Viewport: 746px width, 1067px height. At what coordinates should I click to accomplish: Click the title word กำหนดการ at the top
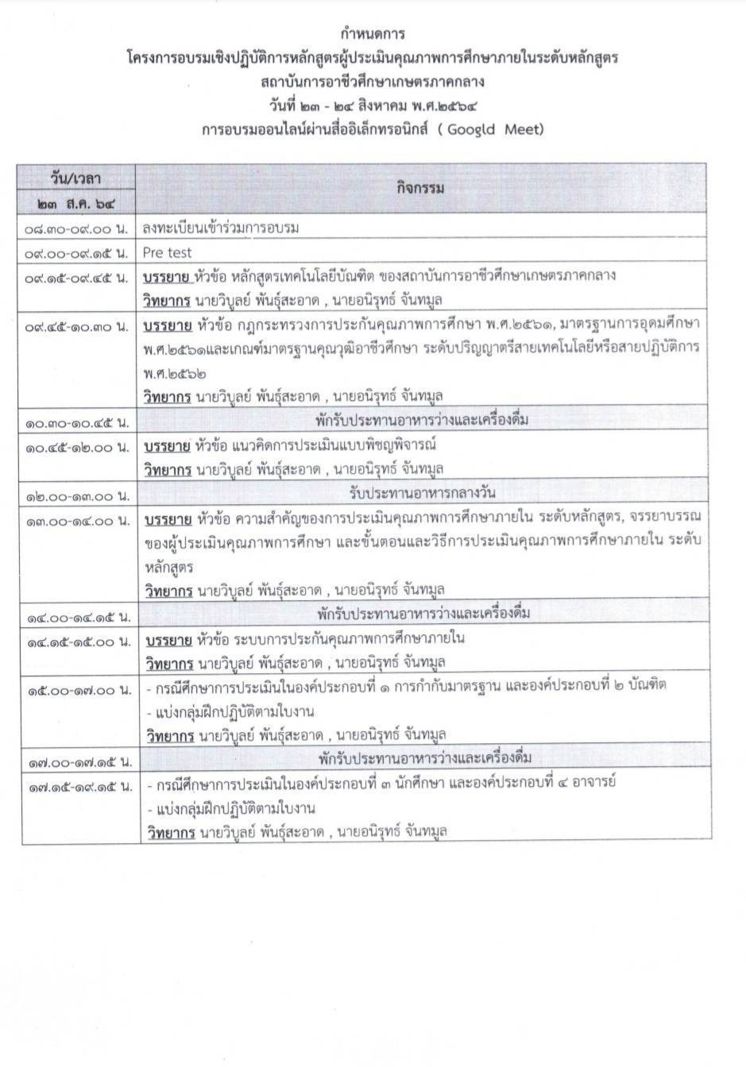(x=373, y=34)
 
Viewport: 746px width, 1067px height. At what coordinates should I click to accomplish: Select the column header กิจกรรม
(x=420, y=188)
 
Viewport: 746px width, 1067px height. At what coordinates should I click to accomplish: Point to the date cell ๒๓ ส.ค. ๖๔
(x=76, y=203)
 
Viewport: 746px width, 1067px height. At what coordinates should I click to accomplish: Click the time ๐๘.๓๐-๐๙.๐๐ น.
(x=76, y=229)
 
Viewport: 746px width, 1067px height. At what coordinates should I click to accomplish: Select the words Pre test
(x=168, y=252)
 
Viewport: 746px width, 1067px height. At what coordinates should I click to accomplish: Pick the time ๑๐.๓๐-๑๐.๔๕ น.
(x=76, y=421)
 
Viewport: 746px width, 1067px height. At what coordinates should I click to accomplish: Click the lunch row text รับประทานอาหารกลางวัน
(x=422, y=493)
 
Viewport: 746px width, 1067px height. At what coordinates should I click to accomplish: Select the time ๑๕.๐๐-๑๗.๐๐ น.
(x=76, y=691)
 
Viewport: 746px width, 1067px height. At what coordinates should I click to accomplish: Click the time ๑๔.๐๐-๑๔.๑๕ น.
(x=76, y=616)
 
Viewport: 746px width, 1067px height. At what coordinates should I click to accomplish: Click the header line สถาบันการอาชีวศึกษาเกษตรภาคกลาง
(x=373, y=82)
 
